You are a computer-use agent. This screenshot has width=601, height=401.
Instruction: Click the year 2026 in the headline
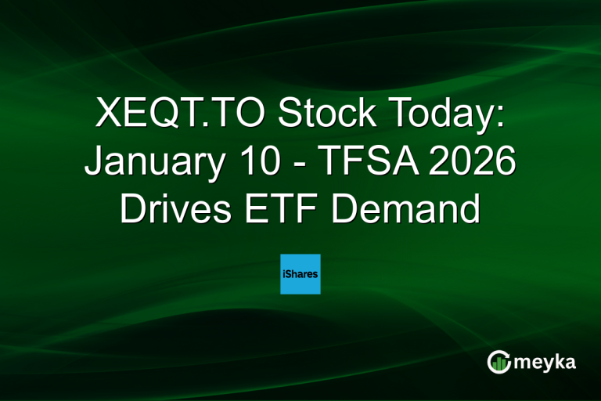[x=469, y=163]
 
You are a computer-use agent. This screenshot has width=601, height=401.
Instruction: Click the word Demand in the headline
[x=409, y=209]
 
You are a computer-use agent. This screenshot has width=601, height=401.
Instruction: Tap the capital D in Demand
[x=348, y=209]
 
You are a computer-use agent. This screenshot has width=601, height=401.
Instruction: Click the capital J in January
[x=92, y=163]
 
